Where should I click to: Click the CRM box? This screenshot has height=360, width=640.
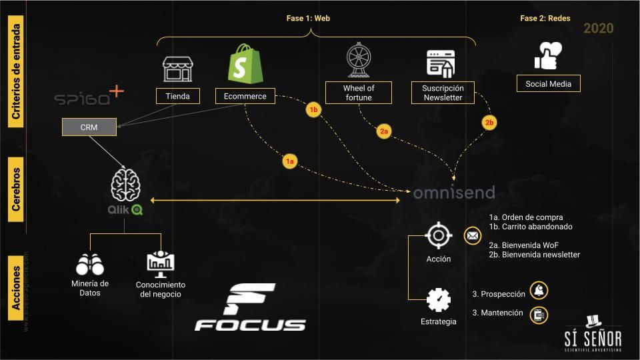[x=89, y=127]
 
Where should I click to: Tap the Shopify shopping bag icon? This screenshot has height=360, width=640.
[x=245, y=64]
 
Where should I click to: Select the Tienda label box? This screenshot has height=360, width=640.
[x=178, y=96]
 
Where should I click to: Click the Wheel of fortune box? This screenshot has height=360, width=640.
[x=359, y=92]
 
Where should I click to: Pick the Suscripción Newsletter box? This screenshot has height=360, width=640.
[x=443, y=92]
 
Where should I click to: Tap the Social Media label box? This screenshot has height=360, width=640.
[x=548, y=83]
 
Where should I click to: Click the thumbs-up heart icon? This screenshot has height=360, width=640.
[x=548, y=55]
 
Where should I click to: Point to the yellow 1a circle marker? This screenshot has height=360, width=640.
[x=289, y=161]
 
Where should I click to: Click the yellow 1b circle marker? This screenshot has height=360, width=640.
[x=313, y=109]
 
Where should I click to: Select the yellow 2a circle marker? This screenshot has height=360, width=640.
[x=383, y=131]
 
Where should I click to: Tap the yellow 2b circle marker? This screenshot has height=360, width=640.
[x=489, y=123]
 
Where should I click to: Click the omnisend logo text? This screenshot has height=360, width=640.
[x=454, y=193]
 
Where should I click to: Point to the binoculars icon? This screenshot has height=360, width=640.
[x=90, y=265]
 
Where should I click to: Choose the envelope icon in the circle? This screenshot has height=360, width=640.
[x=472, y=235]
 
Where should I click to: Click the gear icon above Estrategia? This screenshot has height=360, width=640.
[x=438, y=299]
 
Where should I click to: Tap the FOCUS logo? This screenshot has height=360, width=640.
[x=250, y=308]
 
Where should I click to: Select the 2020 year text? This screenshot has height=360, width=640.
[x=599, y=28]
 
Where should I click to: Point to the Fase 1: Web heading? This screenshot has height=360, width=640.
[x=309, y=19]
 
